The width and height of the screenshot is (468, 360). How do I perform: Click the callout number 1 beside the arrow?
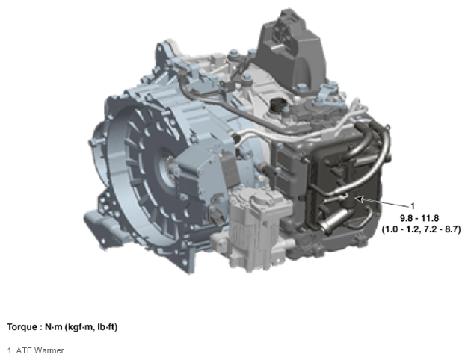[x=413, y=206]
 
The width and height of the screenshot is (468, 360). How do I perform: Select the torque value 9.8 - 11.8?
[x=419, y=218]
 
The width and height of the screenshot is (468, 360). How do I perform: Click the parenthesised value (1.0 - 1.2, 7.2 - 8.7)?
[x=421, y=229]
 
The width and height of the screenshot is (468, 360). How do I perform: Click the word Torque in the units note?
[x=22, y=327]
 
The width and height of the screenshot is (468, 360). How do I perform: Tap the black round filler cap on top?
[x=278, y=105]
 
